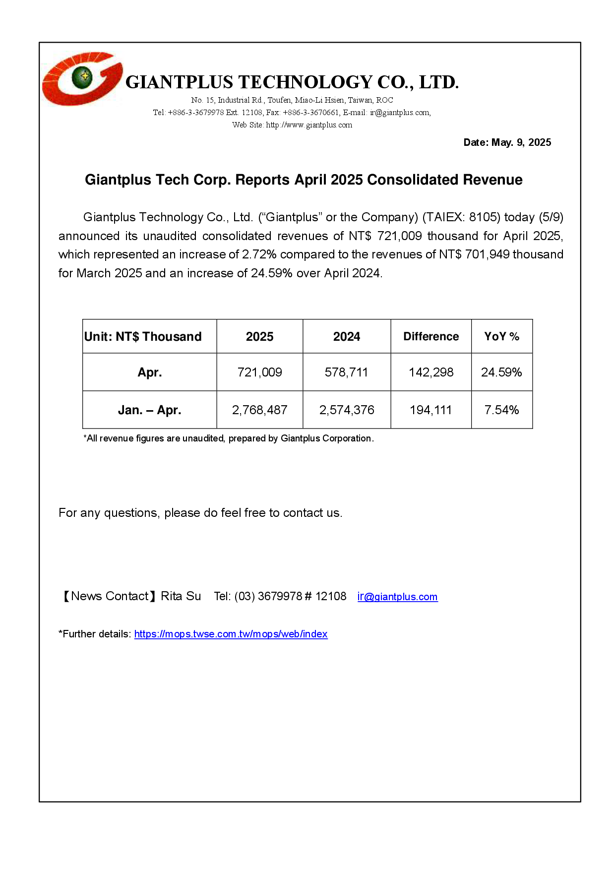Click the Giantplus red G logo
[x=82, y=79]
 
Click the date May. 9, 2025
[x=507, y=142]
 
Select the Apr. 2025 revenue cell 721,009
[x=259, y=373]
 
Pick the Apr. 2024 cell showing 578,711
[x=346, y=373]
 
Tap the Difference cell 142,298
[x=430, y=373]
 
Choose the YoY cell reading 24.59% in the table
[x=501, y=373]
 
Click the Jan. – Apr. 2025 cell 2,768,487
[x=259, y=410]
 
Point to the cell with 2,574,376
[x=346, y=410]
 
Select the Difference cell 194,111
[x=430, y=410]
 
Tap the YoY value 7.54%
[x=501, y=410]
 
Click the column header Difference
[x=430, y=337]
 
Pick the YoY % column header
[x=501, y=337]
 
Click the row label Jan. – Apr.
[x=149, y=410]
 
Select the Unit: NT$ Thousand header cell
[x=143, y=337]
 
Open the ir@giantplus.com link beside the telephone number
[x=397, y=597]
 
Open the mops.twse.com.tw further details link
[x=231, y=634]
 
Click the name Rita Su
[x=181, y=596]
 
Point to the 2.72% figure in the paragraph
[x=259, y=254]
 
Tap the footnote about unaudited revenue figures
[x=228, y=438]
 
